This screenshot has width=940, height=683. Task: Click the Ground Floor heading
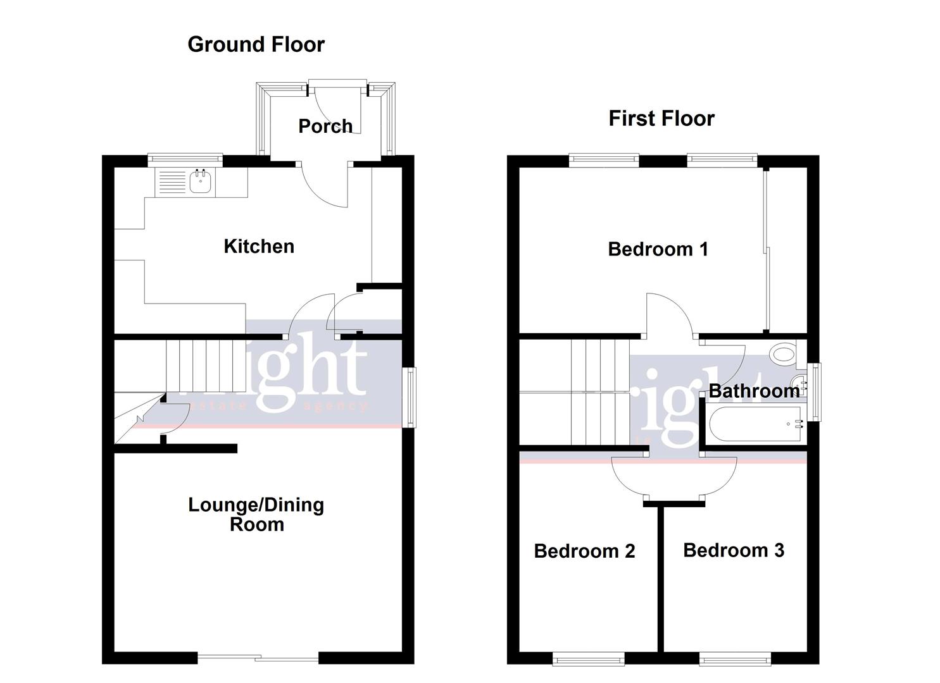(256, 44)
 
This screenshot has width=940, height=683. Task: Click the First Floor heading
(661, 118)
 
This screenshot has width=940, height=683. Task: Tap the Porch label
(325, 126)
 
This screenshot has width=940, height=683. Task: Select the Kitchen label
(259, 246)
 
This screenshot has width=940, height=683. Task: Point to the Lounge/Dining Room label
(256, 514)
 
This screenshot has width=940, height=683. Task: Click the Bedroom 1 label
(658, 249)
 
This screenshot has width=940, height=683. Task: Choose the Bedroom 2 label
(584, 551)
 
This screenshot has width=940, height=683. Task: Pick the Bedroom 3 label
(734, 550)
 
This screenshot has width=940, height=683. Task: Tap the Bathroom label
(753, 391)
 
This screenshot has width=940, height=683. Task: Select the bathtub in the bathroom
(756, 424)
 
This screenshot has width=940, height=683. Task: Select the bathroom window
(817, 391)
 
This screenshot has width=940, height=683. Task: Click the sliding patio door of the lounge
(258, 658)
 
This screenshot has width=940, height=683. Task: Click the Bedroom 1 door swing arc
(671, 313)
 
